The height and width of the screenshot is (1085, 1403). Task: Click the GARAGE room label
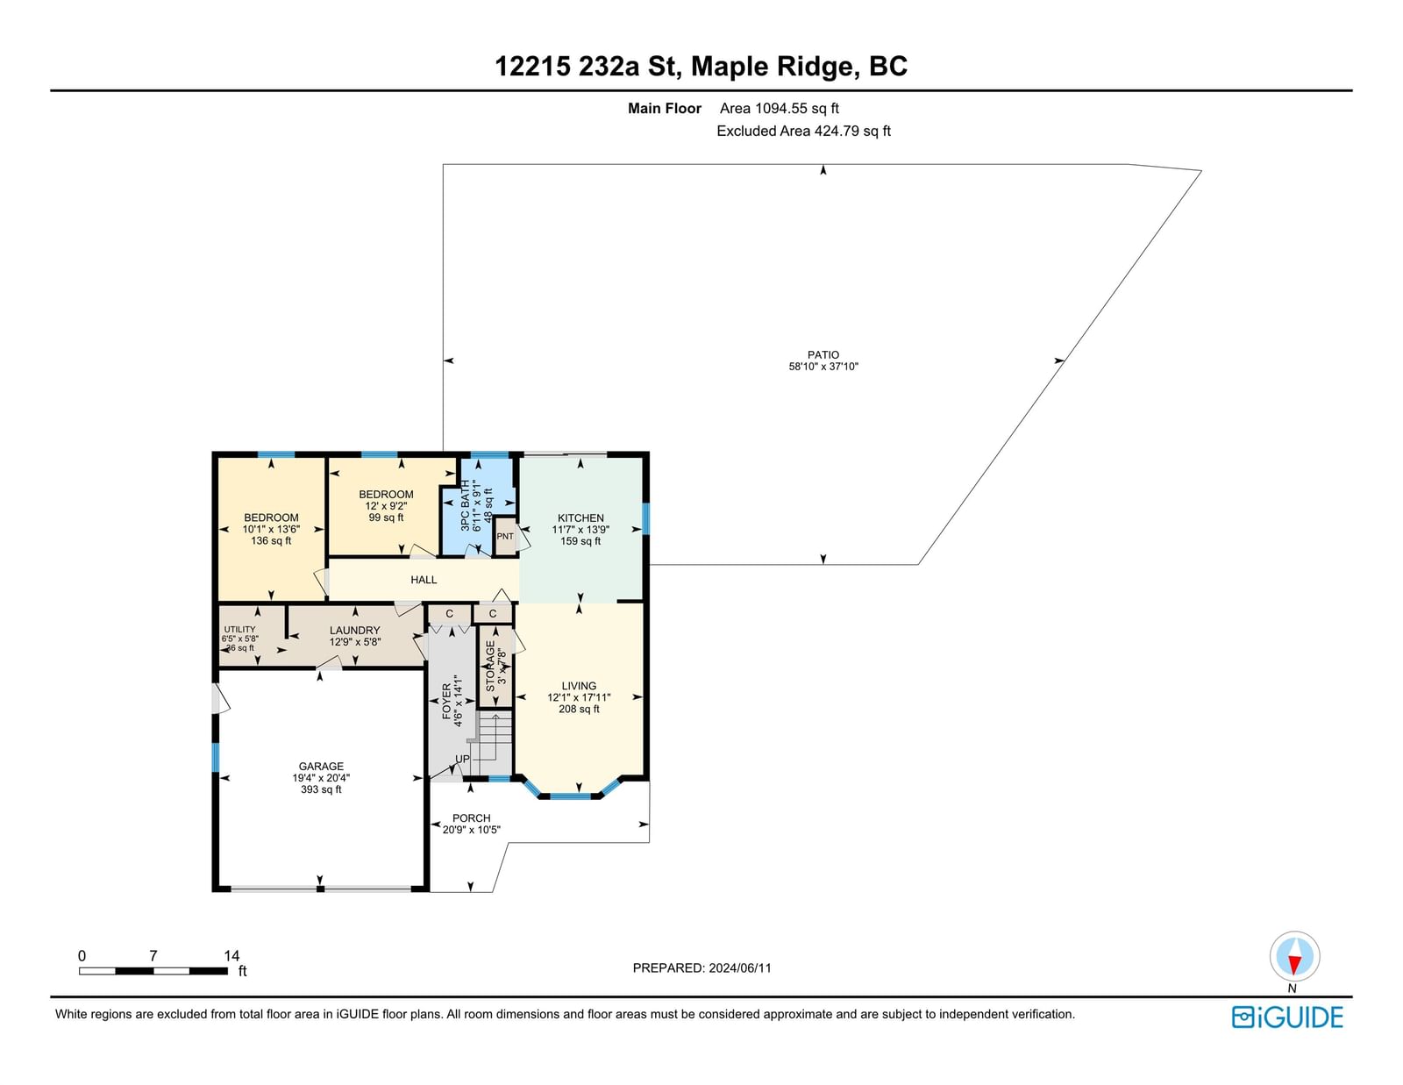(x=321, y=766)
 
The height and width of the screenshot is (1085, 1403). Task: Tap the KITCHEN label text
(x=580, y=518)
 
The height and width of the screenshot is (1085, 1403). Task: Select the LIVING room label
(x=579, y=686)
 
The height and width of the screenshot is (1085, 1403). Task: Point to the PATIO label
(x=823, y=354)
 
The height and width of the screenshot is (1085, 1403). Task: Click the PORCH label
(x=472, y=818)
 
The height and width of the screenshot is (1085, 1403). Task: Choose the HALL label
(x=424, y=580)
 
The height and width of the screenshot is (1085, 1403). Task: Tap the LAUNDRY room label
(x=354, y=631)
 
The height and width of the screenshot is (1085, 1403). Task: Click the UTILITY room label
(x=239, y=630)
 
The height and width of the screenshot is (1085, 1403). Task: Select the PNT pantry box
(x=505, y=537)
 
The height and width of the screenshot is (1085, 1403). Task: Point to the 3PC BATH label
(x=466, y=505)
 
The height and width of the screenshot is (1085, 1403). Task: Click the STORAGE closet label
(x=490, y=666)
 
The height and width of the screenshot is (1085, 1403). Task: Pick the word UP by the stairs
(x=462, y=759)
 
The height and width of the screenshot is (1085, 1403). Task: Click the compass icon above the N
(x=1294, y=956)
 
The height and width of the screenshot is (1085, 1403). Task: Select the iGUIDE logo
(x=1286, y=1017)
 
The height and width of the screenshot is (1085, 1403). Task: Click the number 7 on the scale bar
(x=153, y=956)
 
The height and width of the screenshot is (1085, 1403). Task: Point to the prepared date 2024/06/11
(x=740, y=968)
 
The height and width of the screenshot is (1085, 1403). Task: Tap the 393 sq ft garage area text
(x=321, y=789)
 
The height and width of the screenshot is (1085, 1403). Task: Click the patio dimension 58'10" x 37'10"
(x=823, y=366)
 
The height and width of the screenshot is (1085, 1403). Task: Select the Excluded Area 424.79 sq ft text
(x=803, y=131)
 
